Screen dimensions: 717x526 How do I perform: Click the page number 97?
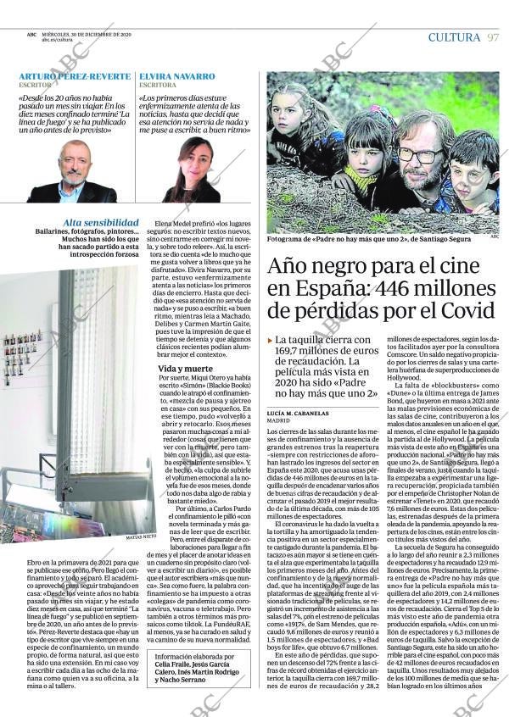pos(493,37)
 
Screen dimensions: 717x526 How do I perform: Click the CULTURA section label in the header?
pos(454,37)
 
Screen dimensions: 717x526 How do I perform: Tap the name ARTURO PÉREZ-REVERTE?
pos(75,76)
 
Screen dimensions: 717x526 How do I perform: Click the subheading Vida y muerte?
pos(185,369)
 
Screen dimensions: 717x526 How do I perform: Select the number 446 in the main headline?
pos(400,289)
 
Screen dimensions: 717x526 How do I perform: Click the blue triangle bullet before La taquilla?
pos(270,340)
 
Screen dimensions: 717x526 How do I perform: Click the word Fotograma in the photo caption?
pos(284,240)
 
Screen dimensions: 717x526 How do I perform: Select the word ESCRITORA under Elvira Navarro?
pos(158,86)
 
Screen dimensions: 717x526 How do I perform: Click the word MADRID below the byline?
pos(278,420)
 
